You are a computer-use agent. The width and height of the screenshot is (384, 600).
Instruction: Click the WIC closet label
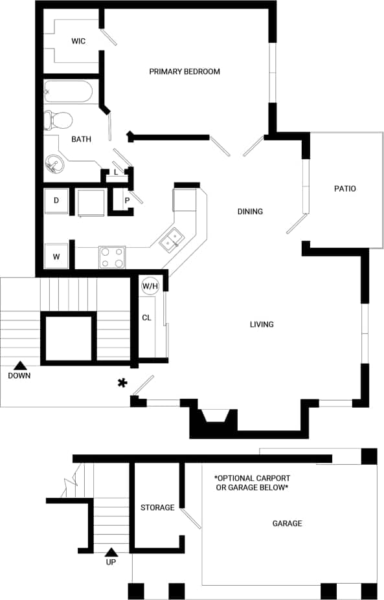pyautogui.click(x=78, y=41)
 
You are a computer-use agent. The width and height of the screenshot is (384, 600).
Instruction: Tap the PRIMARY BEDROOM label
pyautogui.click(x=185, y=71)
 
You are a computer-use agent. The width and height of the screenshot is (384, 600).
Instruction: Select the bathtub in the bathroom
pyautogui.click(x=69, y=92)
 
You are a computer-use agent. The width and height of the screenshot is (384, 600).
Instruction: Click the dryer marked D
pyautogui.click(x=56, y=201)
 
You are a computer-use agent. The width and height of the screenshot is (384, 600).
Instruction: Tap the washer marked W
pyautogui.click(x=56, y=256)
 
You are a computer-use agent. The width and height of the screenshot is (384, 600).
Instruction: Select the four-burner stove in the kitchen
pyautogui.click(x=112, y=257)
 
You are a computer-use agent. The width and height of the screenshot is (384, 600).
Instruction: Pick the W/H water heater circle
pyautogui.click(x=150, y=285)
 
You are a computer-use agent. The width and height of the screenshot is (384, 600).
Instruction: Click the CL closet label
pyautogui.click(x=146, y=317)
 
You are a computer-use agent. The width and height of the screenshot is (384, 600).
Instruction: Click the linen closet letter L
pyautogui.click(x=116, y=172)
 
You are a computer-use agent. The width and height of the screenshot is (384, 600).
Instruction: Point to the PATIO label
pyautogui.click(x=344, y=189)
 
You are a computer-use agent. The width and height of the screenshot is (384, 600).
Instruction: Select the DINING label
pyautogui.click(x=250, y=212)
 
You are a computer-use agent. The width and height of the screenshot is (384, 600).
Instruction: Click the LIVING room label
pyautogui.click(x=262, y=324)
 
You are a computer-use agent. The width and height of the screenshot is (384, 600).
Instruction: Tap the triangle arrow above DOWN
pyautogui.click(x=19, y=366)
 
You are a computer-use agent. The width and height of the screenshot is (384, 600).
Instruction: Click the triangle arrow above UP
pyautogui.click(x=111, y=552)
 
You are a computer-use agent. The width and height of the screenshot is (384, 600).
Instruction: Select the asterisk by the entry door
pyautogui.click(x=122, y=383)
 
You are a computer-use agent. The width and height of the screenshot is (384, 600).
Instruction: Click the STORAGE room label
pyautogui.click(x=157, y=507)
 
